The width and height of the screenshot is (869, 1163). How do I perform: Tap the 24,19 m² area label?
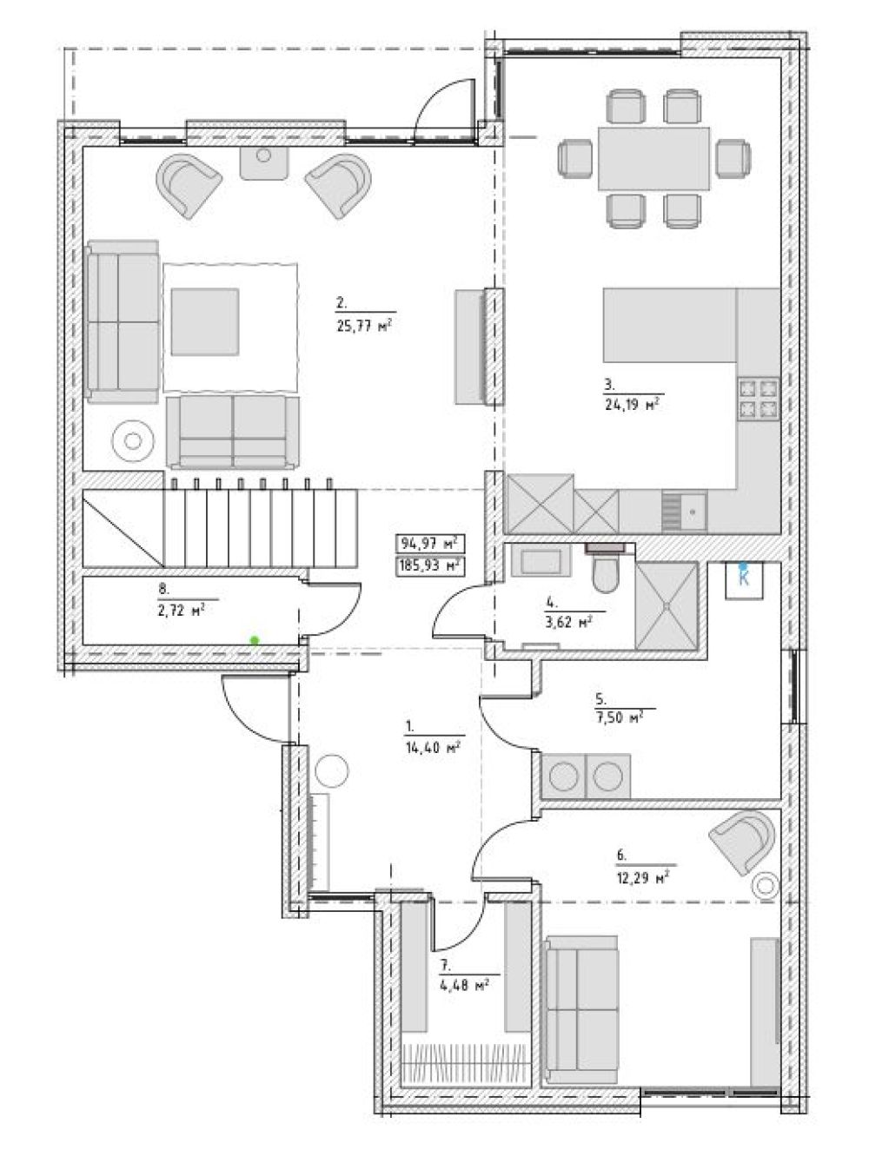tap(634, 405)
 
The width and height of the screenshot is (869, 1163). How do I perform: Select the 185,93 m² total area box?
tap(430, 566)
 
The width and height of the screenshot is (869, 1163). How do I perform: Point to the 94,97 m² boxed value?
tap(430, 544)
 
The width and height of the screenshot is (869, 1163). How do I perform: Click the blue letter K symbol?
tap(744, 579)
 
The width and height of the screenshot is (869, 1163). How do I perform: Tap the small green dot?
tap(255, 640)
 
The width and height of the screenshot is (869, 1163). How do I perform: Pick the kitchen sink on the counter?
tap(684, 512)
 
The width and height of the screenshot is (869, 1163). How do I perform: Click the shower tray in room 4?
tap(666, 605)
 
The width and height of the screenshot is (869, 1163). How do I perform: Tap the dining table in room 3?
tap(653, 158)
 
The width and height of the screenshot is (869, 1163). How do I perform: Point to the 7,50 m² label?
tap(619, 717)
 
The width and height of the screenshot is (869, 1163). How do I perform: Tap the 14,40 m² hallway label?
tap(432, 748)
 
